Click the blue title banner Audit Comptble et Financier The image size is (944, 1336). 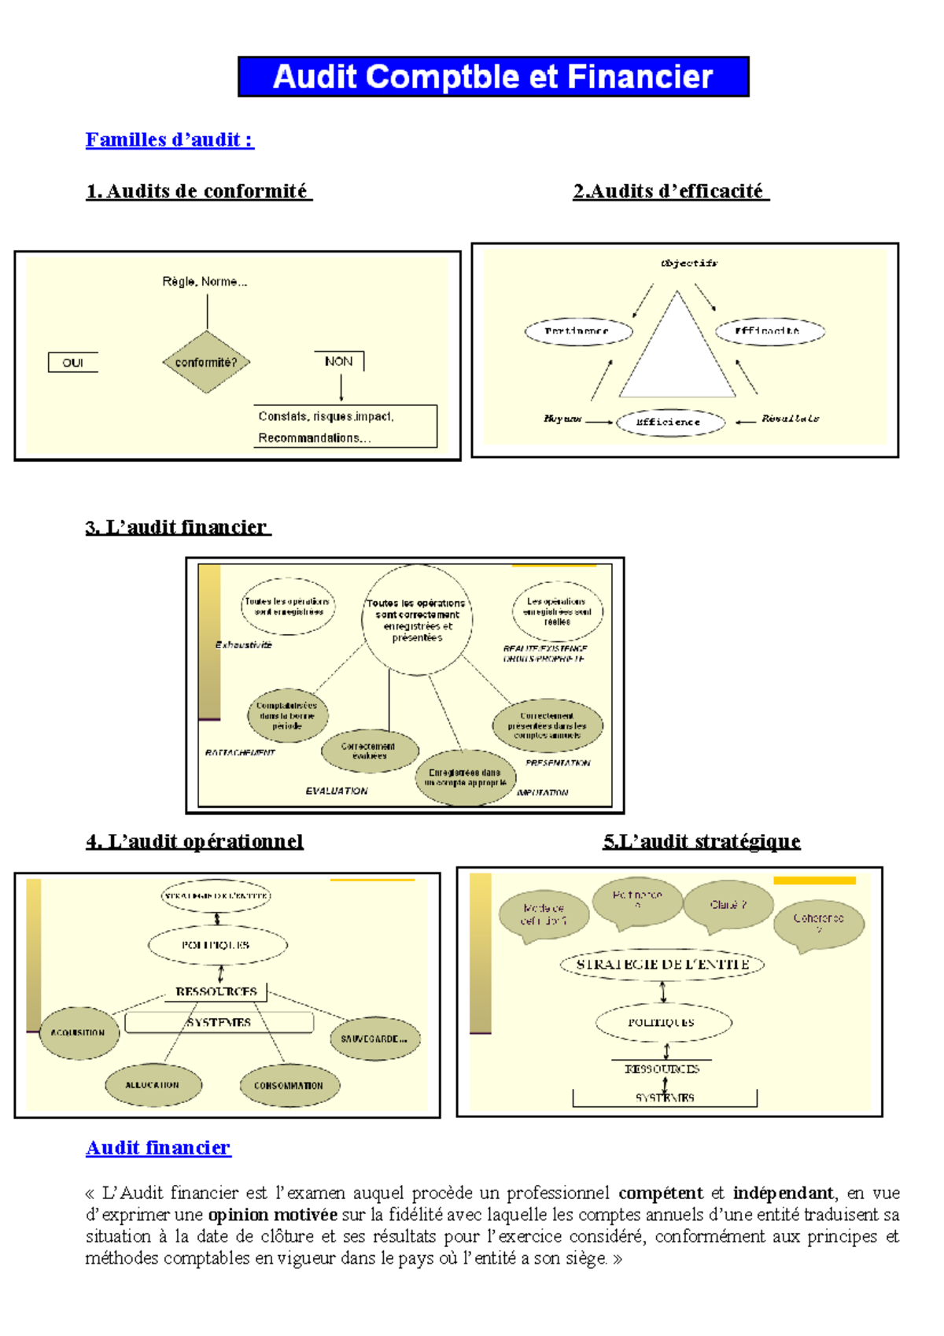[x=493, y=77]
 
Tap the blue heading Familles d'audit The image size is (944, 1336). [x=169, y=140]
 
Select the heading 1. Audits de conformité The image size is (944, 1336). [x=199, y=191]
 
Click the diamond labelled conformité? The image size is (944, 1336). [x=206, y=362]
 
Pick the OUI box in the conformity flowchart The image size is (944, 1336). [x=73, y=363]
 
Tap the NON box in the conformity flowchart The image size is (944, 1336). [x=339, y=361]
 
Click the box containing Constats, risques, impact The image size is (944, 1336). [x=345, y=426]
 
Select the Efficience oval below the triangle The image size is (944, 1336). [x=669, y=422]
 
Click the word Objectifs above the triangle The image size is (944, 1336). [x=689, y=263]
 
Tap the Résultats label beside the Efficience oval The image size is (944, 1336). [x=790, y=419]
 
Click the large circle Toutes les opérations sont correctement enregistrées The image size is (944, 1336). [x=417, y=620]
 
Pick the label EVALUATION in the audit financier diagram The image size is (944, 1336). [x=337, y=791]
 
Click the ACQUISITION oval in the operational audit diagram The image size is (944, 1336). [x=79, y=1032]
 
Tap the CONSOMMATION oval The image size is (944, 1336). [x=289, y=1085]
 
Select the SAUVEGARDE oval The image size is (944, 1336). [x=374, y=1039]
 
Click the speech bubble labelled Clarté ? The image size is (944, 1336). [x=728, y=906]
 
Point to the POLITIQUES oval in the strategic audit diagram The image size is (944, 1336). [x=662, y=1022]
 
